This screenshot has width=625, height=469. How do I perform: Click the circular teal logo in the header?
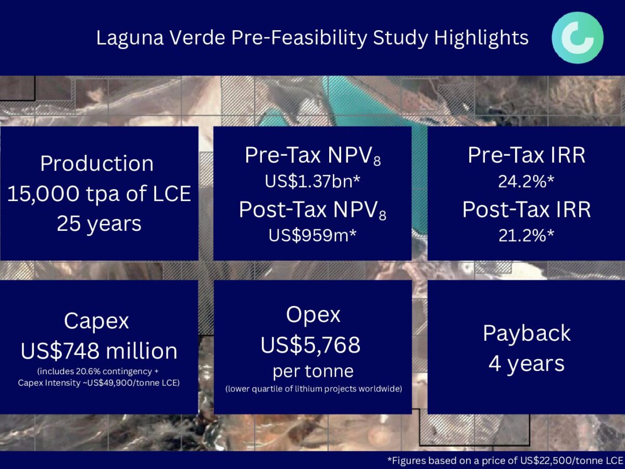[578, 38]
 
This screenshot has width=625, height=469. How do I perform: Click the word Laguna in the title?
[130, 38]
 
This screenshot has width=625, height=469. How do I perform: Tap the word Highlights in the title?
[481, 38]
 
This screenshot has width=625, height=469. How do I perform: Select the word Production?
[97, 164]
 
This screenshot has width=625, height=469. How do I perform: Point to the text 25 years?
[99, 224]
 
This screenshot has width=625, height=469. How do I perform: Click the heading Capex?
[96, 322]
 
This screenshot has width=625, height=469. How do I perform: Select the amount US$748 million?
[99, 351]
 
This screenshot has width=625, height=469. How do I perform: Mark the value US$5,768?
[310, 345]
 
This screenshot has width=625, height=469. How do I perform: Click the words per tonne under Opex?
[313, 372]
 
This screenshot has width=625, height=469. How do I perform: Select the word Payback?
[527, 334]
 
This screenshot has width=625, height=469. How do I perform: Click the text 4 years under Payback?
[527, 364]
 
